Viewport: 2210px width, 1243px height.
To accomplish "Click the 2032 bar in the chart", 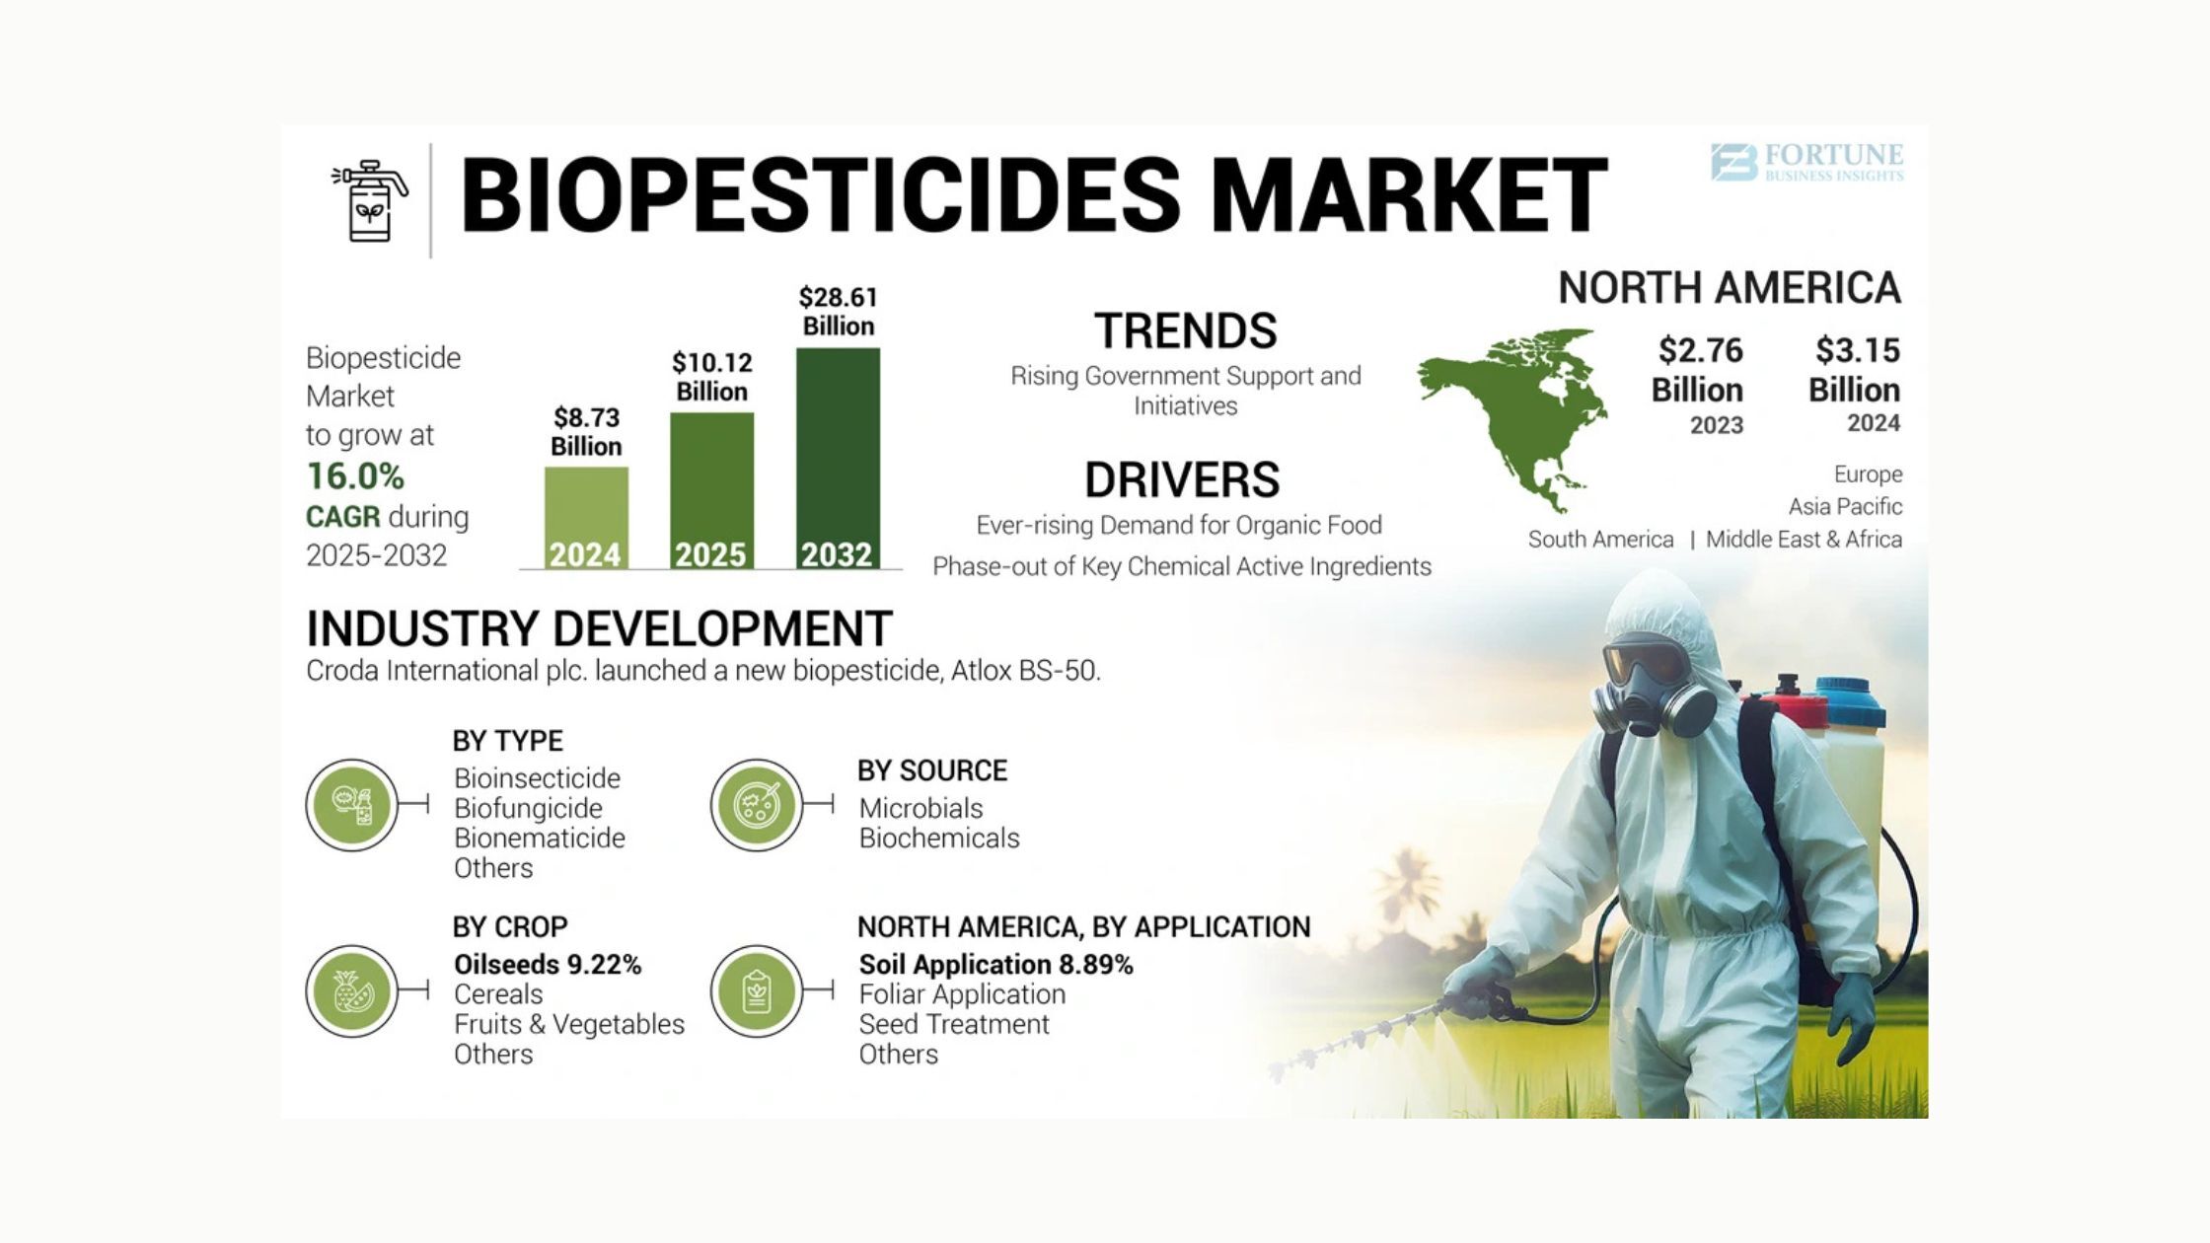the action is pyautogui.click(x=838, y=459).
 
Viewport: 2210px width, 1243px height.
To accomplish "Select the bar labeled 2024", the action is pyautogui.click(x=586, y=518).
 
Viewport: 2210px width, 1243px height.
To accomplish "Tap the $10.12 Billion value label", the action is pyautogui.click(x=711, y=377).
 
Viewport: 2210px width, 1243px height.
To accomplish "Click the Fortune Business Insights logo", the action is pyautogui.click(x=1806, y=162).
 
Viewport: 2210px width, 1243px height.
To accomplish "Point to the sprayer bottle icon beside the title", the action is pyautogui.click(x=370, y=200).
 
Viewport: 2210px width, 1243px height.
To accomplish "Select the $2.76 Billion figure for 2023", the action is pyautogui.click(x=1699, y=370).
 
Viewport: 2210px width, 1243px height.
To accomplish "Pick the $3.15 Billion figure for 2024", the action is pyautogui.click(x=1855, y=370).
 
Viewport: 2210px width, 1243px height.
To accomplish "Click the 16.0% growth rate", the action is pyautogui.click(x=355, y=476).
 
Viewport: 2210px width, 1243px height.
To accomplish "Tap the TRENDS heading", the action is pyautogui.click(x=1185, y=330).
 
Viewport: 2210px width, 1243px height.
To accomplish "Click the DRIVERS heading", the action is pyautogui.click(x=1182, y=480).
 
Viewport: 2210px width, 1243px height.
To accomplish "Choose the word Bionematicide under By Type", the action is pyautogui.click(x=540, y=838).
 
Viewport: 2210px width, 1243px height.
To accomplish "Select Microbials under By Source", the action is pyautogui.click(x=921, y=808).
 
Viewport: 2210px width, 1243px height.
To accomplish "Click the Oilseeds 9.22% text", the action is pyautogui.click(x=548, y=964).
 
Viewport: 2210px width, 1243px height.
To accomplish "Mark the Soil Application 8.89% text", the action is pyautogui.click(x=995, y=964).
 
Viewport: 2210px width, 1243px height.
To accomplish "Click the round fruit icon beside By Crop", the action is pyautogui.click(x=352, y=991).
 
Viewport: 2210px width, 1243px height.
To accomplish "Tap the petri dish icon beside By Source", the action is pyautogui.click(x=757, y=806).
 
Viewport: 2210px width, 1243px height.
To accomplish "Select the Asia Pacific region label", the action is pyautogui.click(x=1845, y=506).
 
